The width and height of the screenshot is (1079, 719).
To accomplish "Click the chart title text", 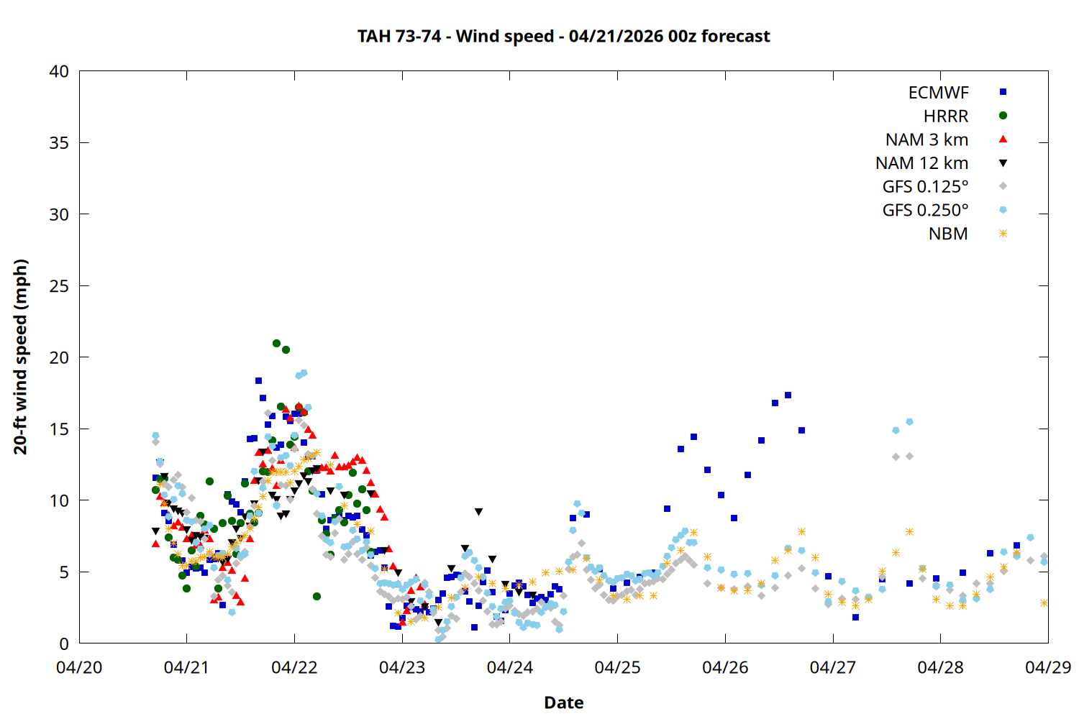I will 563,36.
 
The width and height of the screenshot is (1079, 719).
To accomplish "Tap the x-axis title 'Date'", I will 563,702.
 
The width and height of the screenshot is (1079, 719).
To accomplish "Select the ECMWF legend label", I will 938,93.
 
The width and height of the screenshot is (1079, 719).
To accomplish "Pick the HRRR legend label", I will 946,116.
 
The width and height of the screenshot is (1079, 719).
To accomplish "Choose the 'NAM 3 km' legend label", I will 927,139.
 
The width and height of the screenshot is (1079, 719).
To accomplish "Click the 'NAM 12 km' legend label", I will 921,163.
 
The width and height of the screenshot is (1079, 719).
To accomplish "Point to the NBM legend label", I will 948,234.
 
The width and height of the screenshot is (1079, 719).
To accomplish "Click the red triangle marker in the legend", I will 1003,139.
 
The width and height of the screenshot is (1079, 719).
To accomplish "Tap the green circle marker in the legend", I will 1003,116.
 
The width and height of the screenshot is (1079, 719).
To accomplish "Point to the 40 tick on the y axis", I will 59,71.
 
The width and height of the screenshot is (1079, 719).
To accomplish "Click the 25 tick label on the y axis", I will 59,286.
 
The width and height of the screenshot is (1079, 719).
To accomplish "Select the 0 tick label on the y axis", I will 64,644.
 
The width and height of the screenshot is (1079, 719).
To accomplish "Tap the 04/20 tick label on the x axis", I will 79,667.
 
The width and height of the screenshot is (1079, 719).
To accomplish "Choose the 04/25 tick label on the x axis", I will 617,667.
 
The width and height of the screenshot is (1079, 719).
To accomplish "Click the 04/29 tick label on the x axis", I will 1047,667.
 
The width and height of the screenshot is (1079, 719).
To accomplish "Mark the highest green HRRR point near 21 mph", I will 277,344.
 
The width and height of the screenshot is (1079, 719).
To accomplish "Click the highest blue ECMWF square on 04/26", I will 788,395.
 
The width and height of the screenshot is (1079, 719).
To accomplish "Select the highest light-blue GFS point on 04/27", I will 909,422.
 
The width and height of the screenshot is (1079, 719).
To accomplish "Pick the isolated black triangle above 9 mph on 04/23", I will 478,512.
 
